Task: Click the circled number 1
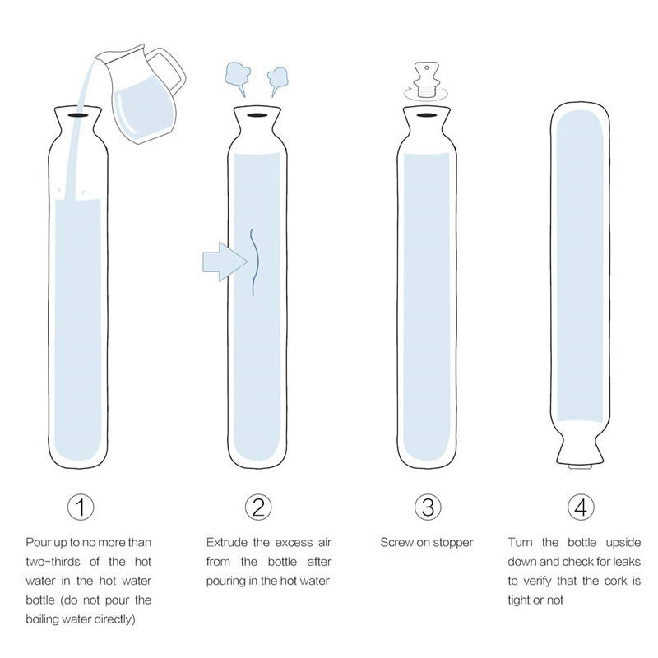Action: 81,507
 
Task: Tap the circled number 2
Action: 258,507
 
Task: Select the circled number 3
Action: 428,507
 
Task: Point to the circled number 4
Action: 581,507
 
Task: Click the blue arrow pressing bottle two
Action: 225,262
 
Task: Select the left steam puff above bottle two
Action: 238,76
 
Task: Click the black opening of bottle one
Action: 78,114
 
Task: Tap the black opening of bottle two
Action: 257,114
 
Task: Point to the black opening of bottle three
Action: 426,114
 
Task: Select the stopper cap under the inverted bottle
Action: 581,466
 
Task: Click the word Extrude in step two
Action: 227,543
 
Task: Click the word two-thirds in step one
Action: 53,562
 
